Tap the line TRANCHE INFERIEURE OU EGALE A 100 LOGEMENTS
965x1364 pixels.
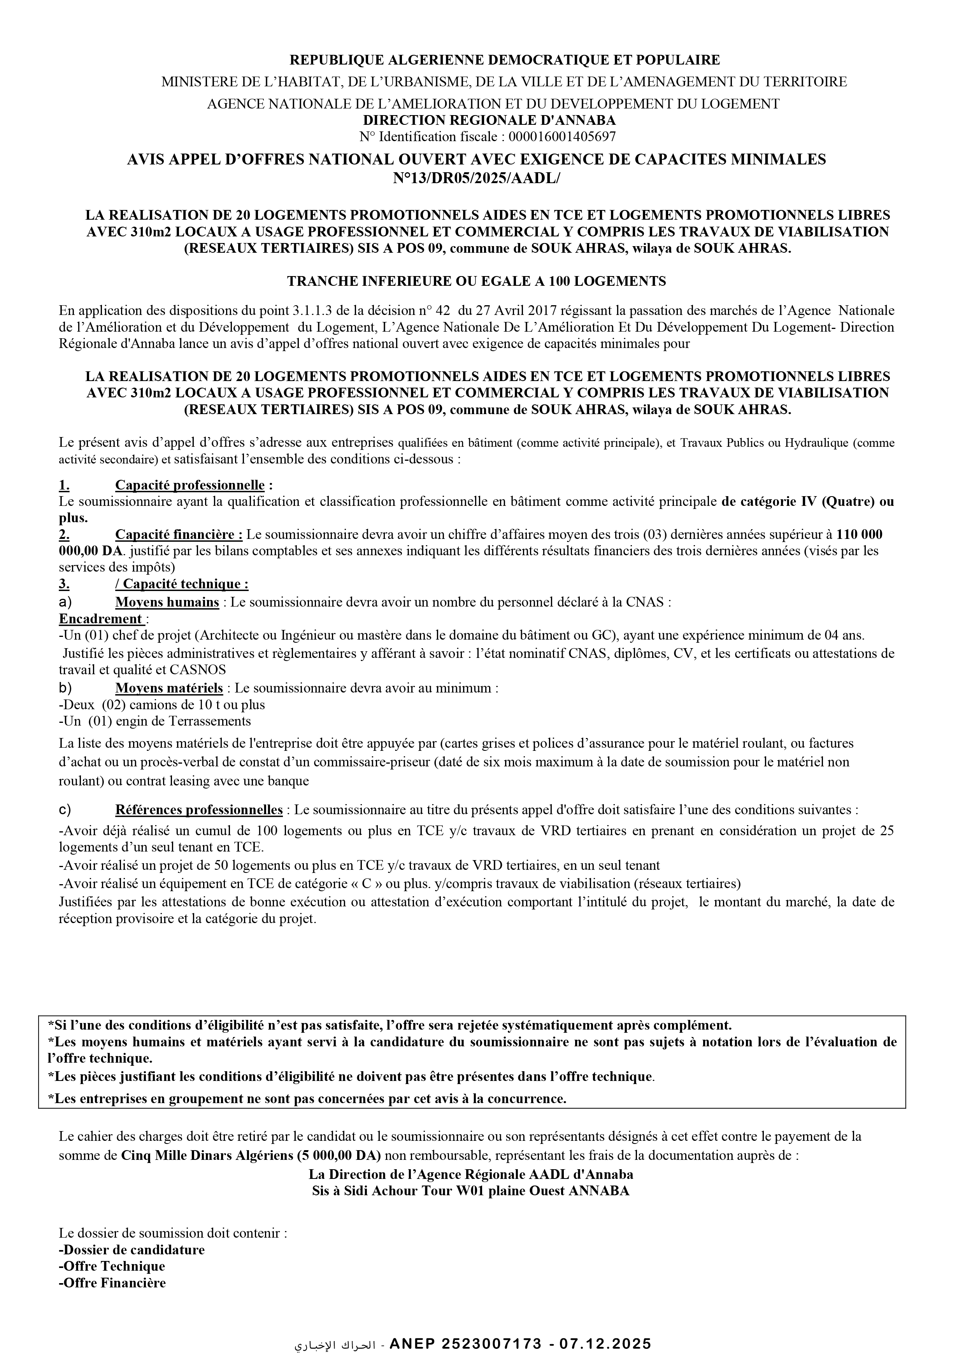point(476,281)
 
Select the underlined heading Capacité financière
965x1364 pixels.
point(178,534)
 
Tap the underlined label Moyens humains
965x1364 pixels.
point(167,602)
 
